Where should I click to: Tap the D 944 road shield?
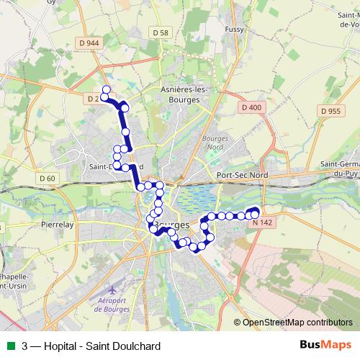pyautogui.click(x=90, y=43)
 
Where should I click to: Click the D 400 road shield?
pyautogui.click(x=252, y=107)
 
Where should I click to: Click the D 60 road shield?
pyautogui.click(x=48, y=178)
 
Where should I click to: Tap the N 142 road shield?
pyautogui.click(x=263, y=222)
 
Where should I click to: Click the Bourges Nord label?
pyautogui.click(x=215, y=142)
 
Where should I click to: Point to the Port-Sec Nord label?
pyautogui.click(x=241, y=175)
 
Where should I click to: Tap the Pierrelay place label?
pyautogui.click(x=58, y=224)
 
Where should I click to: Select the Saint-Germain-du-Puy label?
pyautogui.click(x=339, y=168)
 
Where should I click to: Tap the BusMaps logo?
pyautogui.click(x=325, y=345)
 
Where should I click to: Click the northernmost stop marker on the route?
pyautogui.click(x=106, y=90)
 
